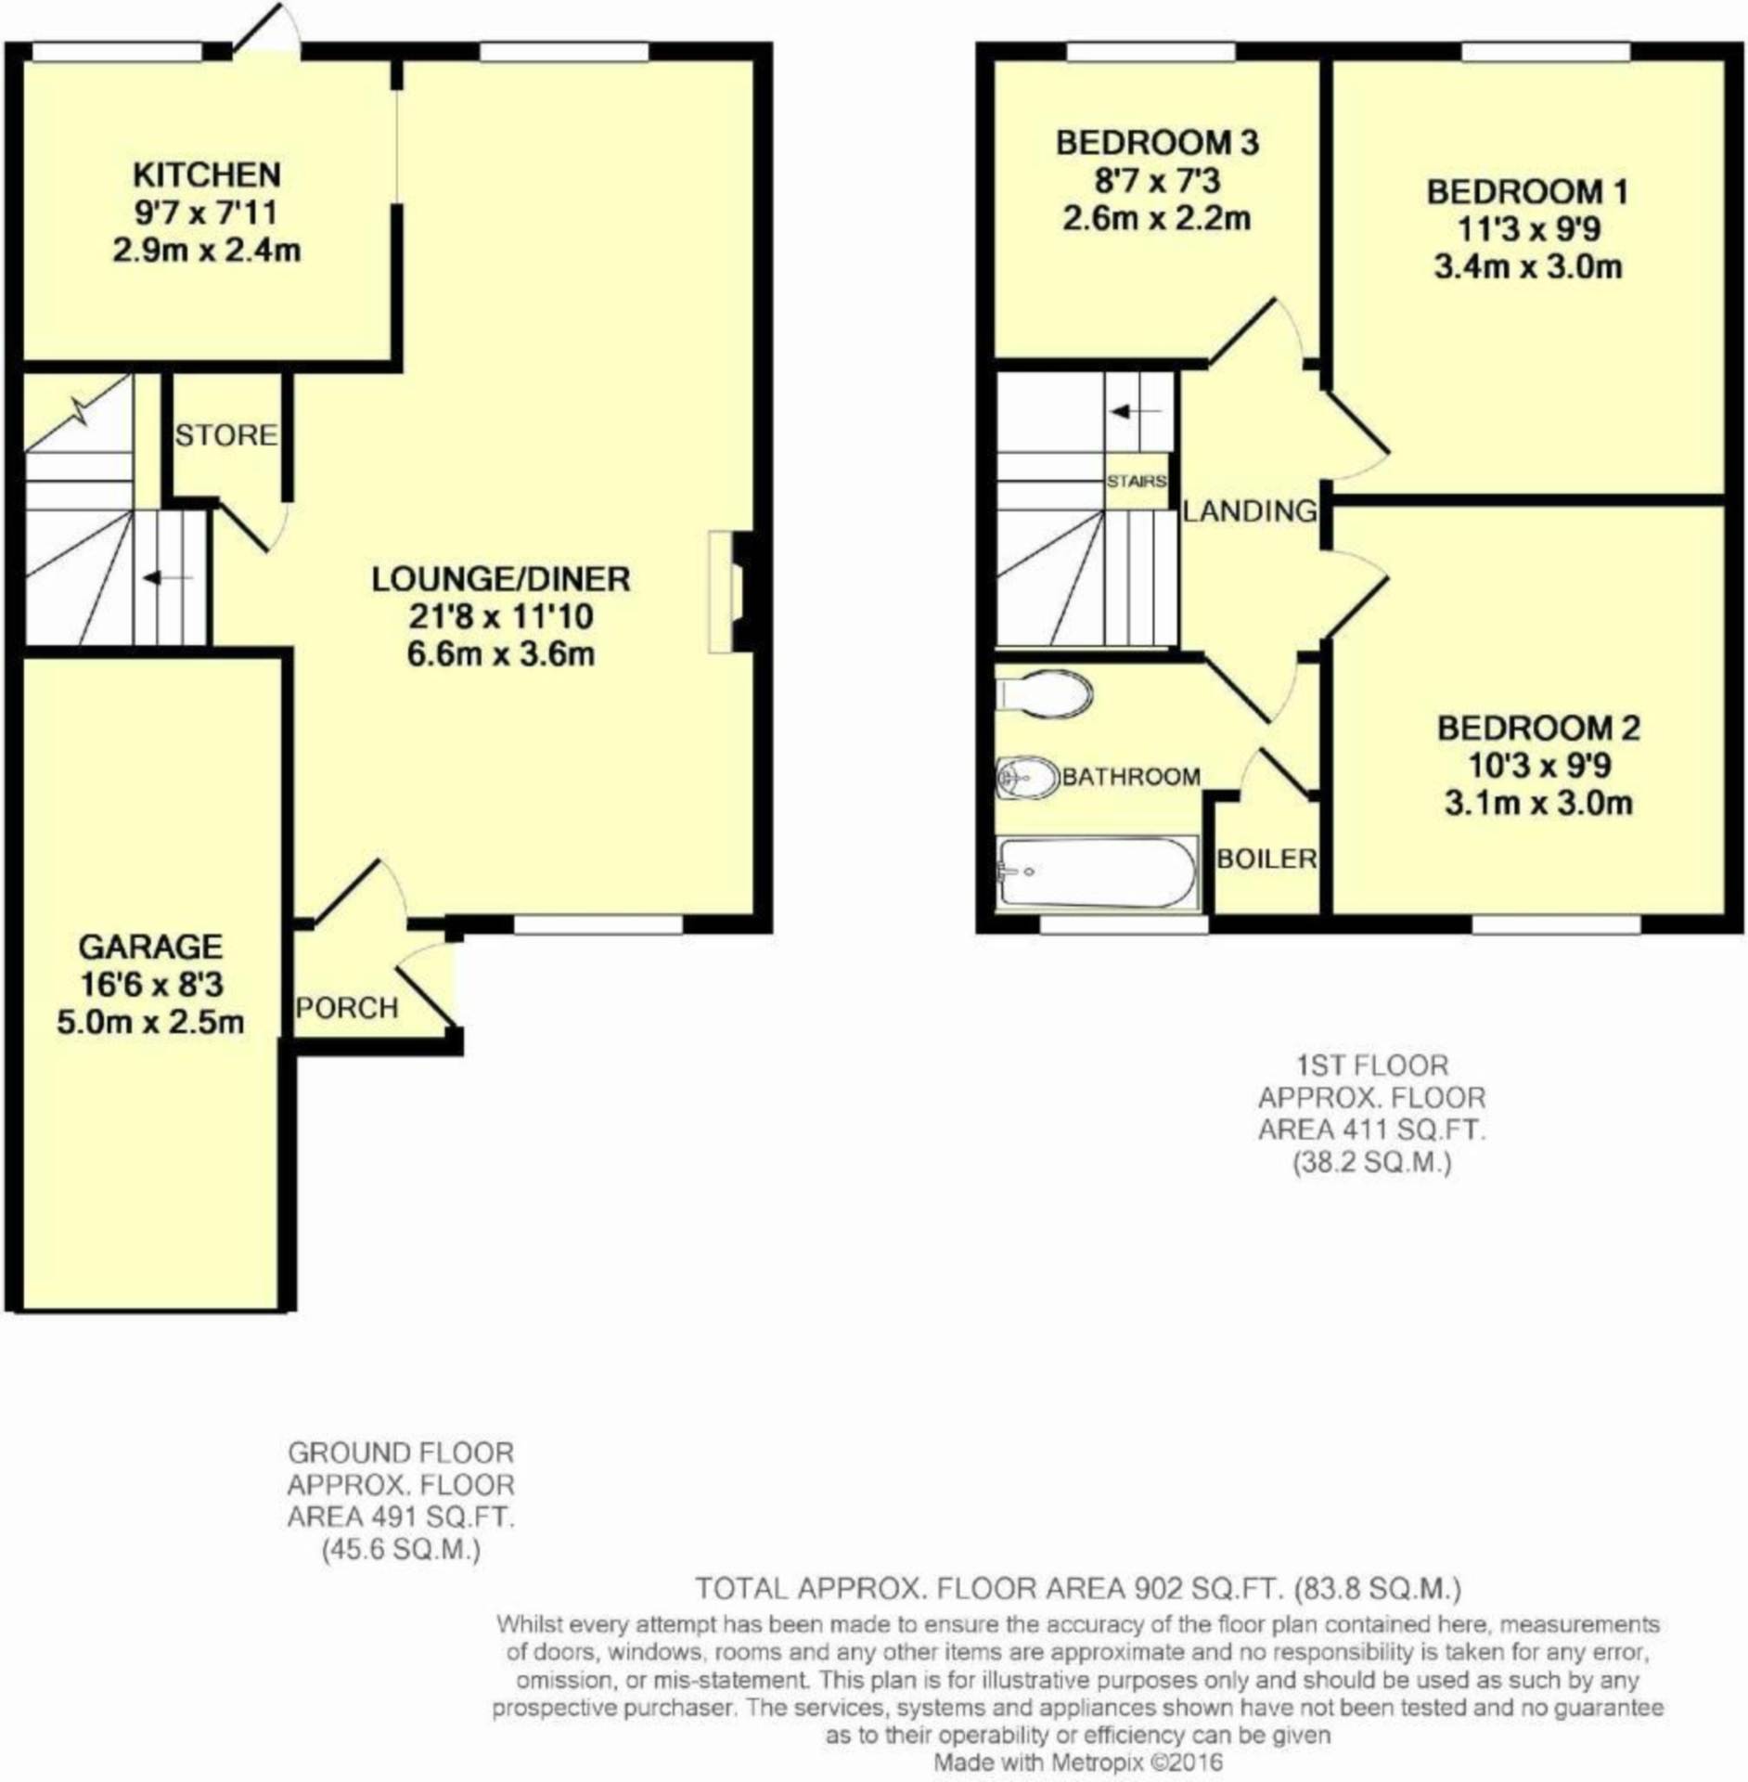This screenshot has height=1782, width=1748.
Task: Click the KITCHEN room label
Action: (206, 174)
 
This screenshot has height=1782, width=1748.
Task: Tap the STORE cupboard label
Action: (225, 434)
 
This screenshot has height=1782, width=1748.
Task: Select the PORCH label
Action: (347, 1007)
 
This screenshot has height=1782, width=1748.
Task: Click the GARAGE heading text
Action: (150, 947)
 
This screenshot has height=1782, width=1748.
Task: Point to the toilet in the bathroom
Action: (1046, 693)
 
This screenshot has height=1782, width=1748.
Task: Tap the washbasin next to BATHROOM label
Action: (1027, 778)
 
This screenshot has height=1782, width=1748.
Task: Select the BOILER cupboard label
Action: (1266, 859)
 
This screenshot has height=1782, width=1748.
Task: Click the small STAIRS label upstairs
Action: (1137, 482)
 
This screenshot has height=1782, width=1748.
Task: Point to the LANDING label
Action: (1250, 510)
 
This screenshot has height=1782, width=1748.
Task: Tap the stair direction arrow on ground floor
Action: (166, 578)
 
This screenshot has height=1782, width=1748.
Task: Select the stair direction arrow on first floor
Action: (1136, 411)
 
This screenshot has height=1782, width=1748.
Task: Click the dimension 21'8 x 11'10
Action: (500, 616)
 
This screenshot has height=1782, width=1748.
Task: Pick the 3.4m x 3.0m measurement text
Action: (1527, 267)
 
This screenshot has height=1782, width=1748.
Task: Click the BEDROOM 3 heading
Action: (1157, 143)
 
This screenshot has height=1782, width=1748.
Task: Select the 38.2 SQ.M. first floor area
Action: (1372, 1162)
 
